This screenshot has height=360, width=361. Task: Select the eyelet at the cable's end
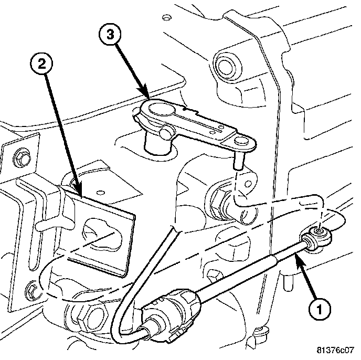319,230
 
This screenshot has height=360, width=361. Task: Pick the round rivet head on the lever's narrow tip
241,141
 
